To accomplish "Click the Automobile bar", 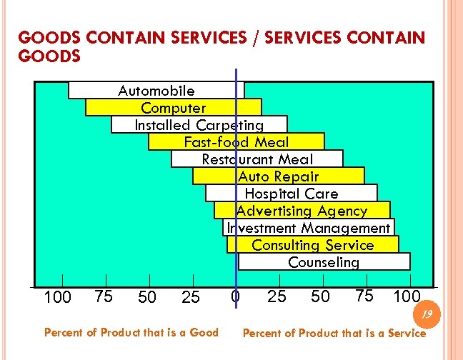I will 156,91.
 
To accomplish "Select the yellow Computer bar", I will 174,108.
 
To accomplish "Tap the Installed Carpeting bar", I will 199,125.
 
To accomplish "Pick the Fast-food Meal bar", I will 237,142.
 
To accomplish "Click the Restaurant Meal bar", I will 257,159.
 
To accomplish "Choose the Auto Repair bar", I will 279,176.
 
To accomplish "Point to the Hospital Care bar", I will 291,194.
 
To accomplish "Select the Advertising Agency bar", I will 302,211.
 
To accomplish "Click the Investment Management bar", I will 309,228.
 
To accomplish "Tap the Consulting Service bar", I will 313,245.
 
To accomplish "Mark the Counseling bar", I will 324,262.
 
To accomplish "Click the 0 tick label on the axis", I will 235,296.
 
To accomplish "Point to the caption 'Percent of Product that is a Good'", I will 131,332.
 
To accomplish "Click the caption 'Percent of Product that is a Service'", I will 334,333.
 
